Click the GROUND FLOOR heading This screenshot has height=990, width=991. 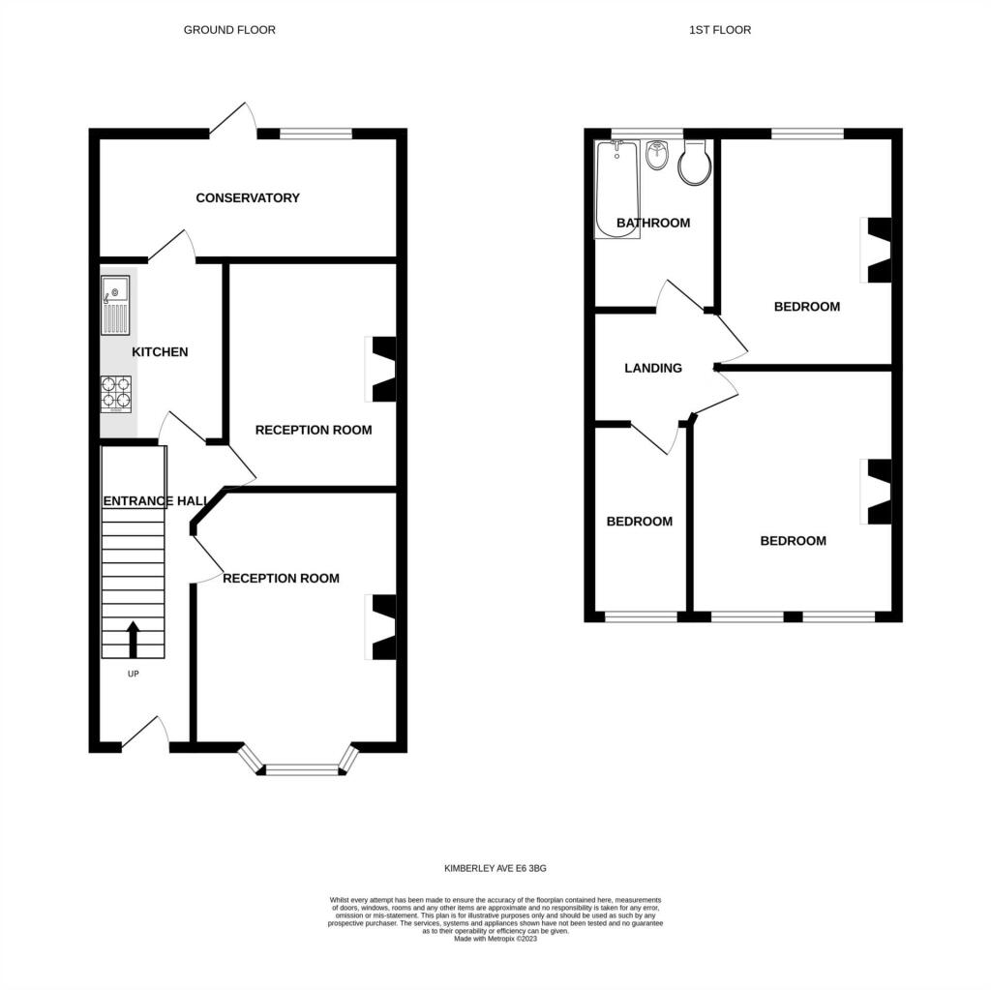pyautogui.click(x=229, y=30)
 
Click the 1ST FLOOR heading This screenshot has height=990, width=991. pyautogui.click(x=720, y=30)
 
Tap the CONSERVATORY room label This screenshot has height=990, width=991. pyautogui.click(x=248, y=197)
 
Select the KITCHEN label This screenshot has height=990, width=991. pyautogui.click(x=160, y=352)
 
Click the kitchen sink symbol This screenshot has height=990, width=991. pyautogui.click(x=115, y=306)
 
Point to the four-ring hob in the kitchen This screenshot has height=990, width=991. pyautogui.click(x=116, y=395)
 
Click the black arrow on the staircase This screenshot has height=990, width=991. pyautogui.click(x=133, y=640)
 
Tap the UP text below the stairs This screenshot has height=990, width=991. pyautogui.click(x=133, y=674)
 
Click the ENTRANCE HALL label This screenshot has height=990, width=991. pyautogui.click(x=156, y=501)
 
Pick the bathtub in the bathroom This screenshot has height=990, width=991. pyautogui.click(x=616, y=189)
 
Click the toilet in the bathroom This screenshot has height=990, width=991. pyautogui.click(x=695, y=163)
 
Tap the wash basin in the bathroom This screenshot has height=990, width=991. pyautogui.click(x=658, y=155)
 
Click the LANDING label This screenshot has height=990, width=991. pyautogui.click(x=653, y=368)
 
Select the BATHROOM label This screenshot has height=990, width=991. pyautogui.click(x=653, y=223)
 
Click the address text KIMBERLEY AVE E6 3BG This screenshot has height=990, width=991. pyautogui.click(x=495, y=868)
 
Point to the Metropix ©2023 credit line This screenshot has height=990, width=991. pyautogui.click(x=495, y=939)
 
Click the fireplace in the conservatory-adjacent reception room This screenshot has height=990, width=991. pyautogui.click(x=381, y=370)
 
